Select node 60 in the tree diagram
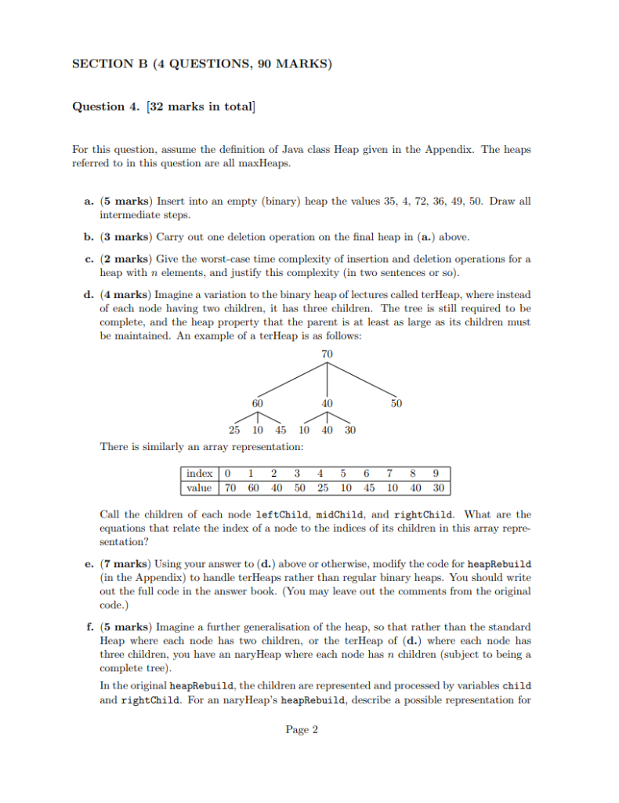[x=257, y=403]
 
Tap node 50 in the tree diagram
[x=396, y=403]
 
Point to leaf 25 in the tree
[x=234, y=430]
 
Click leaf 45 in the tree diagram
[x=281, y=430]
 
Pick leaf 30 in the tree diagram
[x=350, y=430]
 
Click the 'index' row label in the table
[x=199, y=473]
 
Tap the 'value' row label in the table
[x=199, y=487]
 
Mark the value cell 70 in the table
[x=230, y=487]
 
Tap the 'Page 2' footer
[x=302, y=729]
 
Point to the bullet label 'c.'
[x=89, y=258]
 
